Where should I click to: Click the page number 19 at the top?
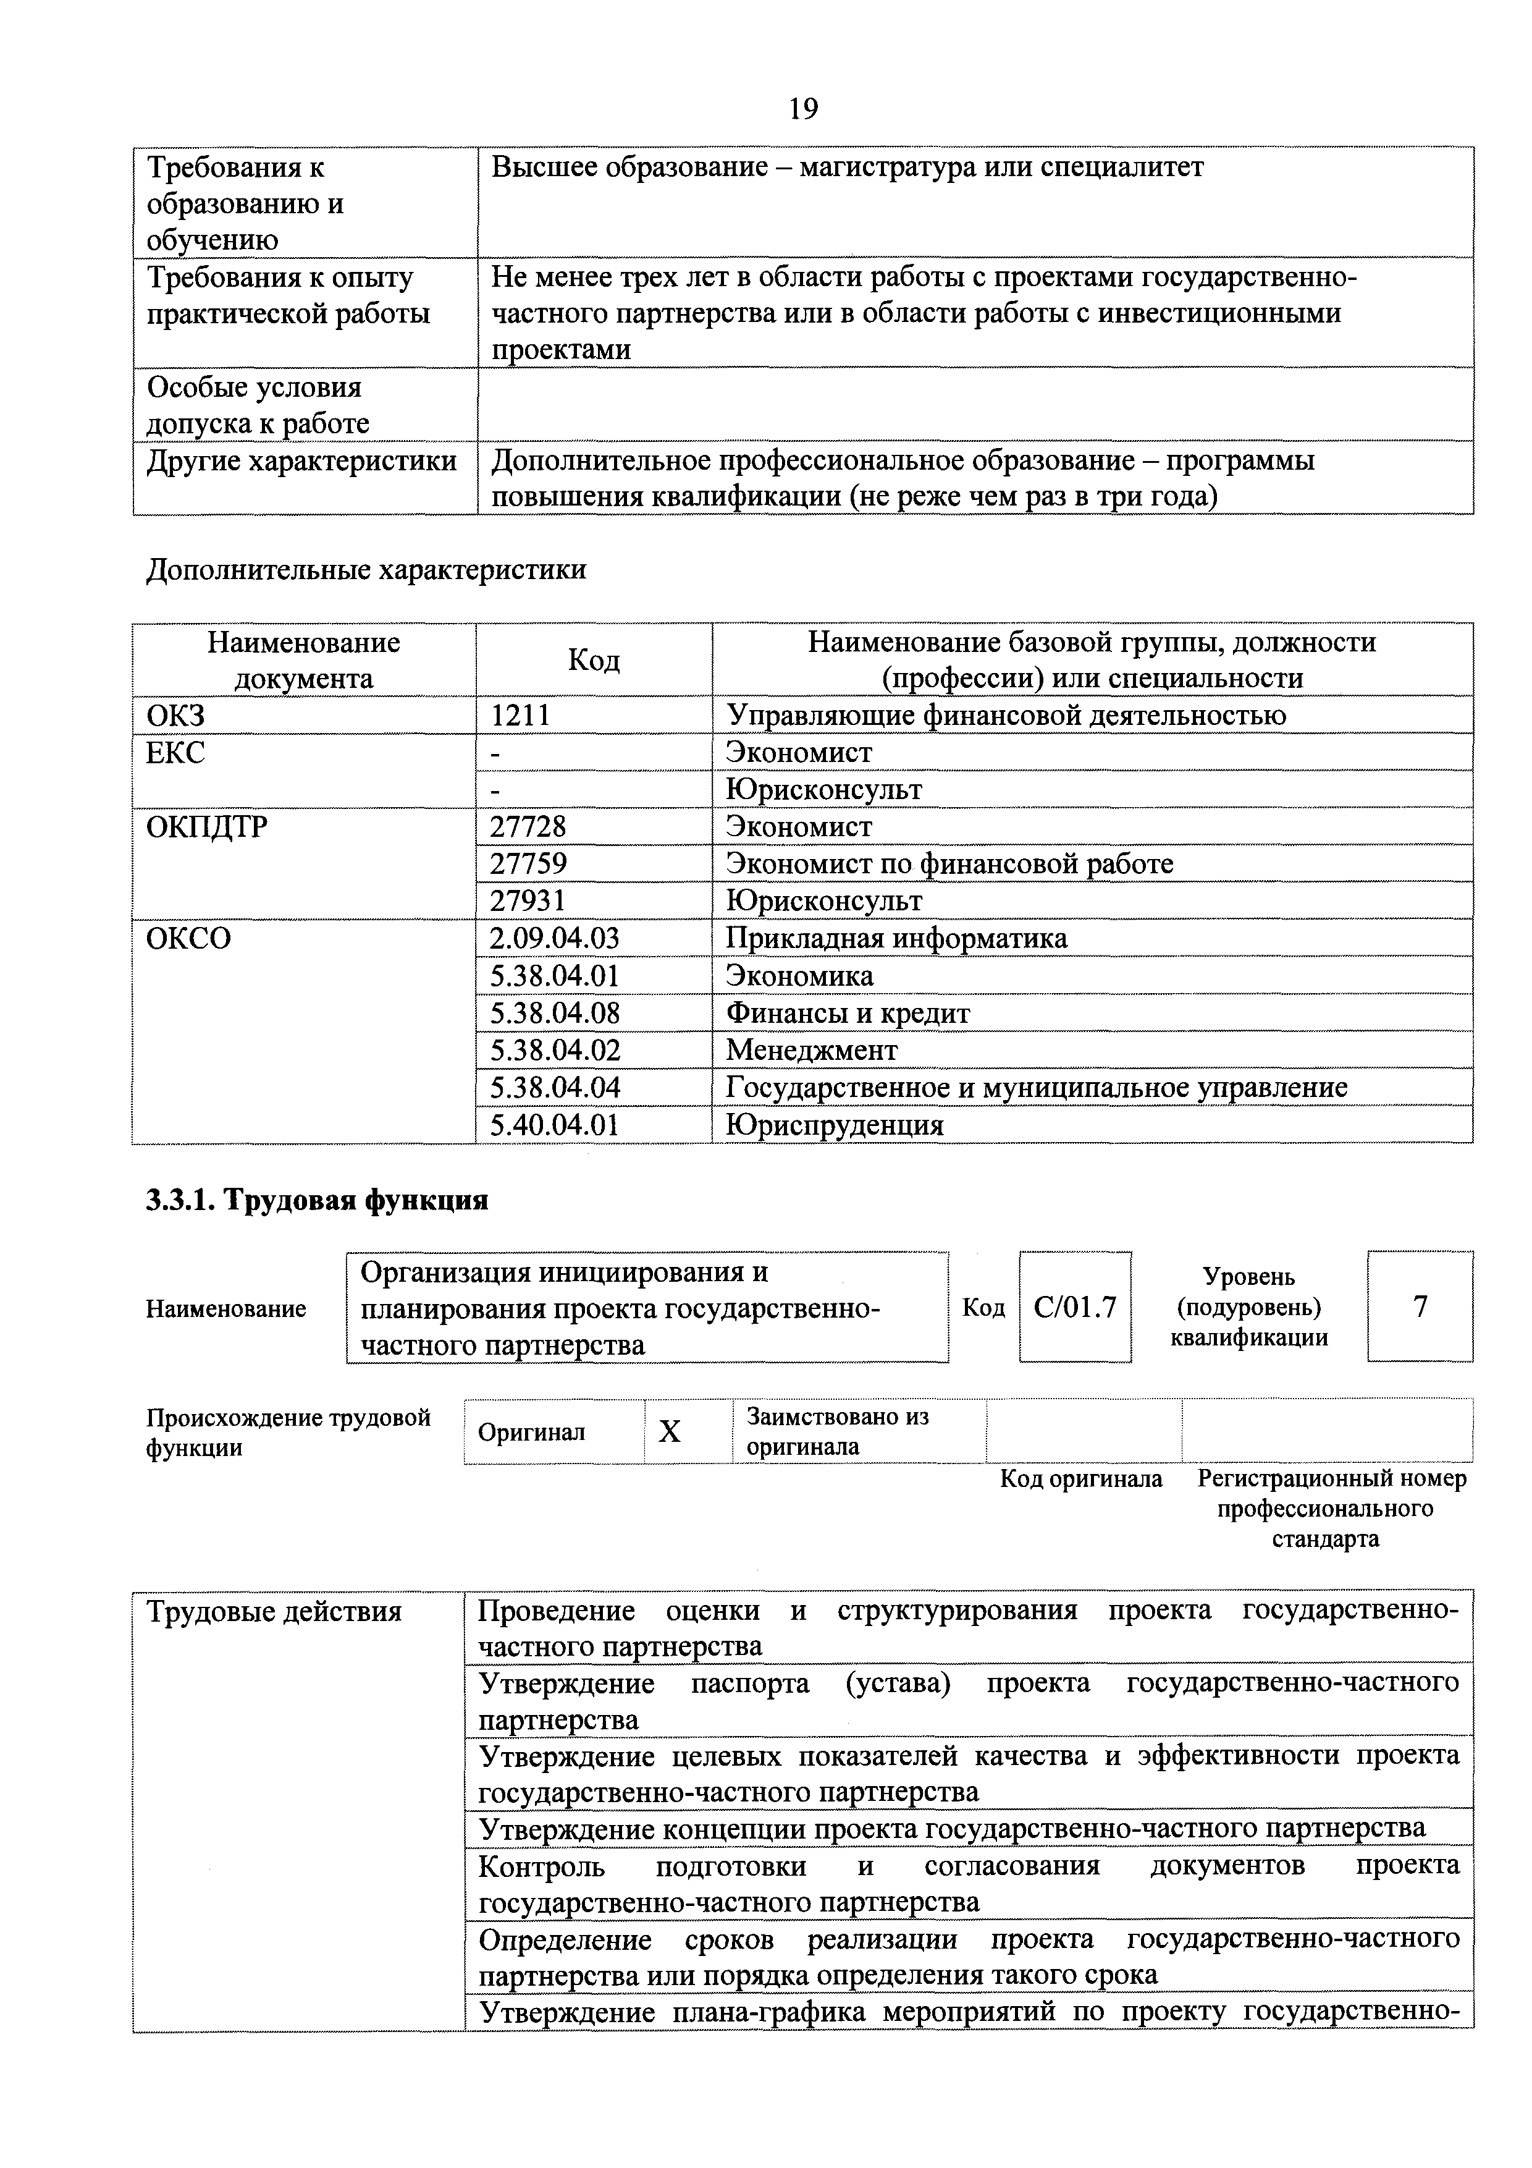pyautogui.click(x=802, y=109)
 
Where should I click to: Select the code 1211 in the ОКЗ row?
pyautogui.click(x=520, y=715)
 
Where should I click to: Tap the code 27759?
pyautogui.click(x=529, y=863)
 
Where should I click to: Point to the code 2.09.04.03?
pyautogui.click(x=555, y=938)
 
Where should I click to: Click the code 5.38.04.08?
pyautogui.click(x=555, y=1012)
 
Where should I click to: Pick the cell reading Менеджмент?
pyautogui.click(x=812, y=1049)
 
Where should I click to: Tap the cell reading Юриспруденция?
pyautogui.click(x=835, y=1124)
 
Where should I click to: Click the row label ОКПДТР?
pyautogui.click(x=207, y=826)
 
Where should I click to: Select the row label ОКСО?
pyautogui.click(x=189, y=938)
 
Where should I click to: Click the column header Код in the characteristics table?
pyautogui.click(x=594, y=659)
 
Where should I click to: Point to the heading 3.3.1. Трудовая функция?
pyautogui.click(x=317, y=1199)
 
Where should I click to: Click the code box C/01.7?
pyautogui.click(x=1075, y=1307)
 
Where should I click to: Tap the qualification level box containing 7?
pyautogui.click(x=1420, y=1307)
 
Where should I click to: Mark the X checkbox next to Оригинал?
pyautogui.click(x=669, y=1431)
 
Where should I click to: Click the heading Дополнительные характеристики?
pyautogui.click(x=366, y=569)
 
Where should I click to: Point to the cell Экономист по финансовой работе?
pyautogui.click(x=949, y=863)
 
